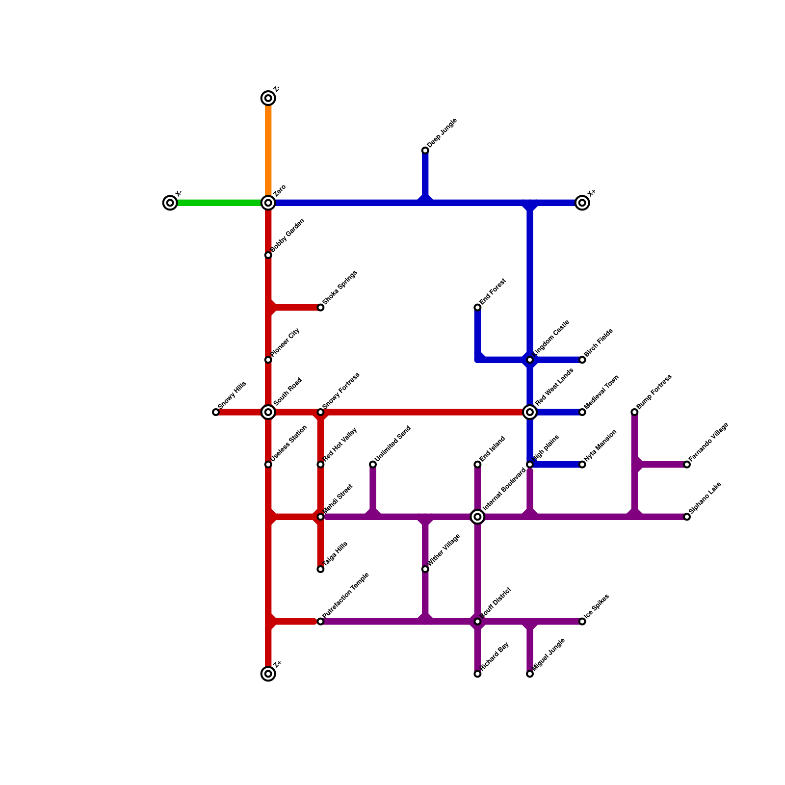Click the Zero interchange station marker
pyautogui.click(x=268, y=203)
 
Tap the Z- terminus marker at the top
pyautogui.click(x=268, y=98)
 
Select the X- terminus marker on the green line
pyautogui.click(x=170, y=203)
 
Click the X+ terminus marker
pyautogui.click(x=582, y=203)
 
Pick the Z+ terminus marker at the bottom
pyautogui.click(x=268, y=674)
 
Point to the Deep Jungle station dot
pyautogui.click(x=425, y=151)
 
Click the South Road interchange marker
pyautogui.click(x=268, y=412)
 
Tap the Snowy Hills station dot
pyautogui.click(x=216, y=412)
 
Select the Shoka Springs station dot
pyautogui.click(x=320, y=308)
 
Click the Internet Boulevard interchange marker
pyautogui.click(x=477, y=517)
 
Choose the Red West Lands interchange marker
pyautogui.click(x=530, y=412)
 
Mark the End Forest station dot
pyautogui.click(x=477, y=308)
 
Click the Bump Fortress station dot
pyautogui.click(x=634, y=412)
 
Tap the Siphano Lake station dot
pyautogui.click(x=687, y=517)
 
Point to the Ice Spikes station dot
pyautogui.click(x=582, y=622)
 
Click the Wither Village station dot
pyautogui.click(x=425, y=569)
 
